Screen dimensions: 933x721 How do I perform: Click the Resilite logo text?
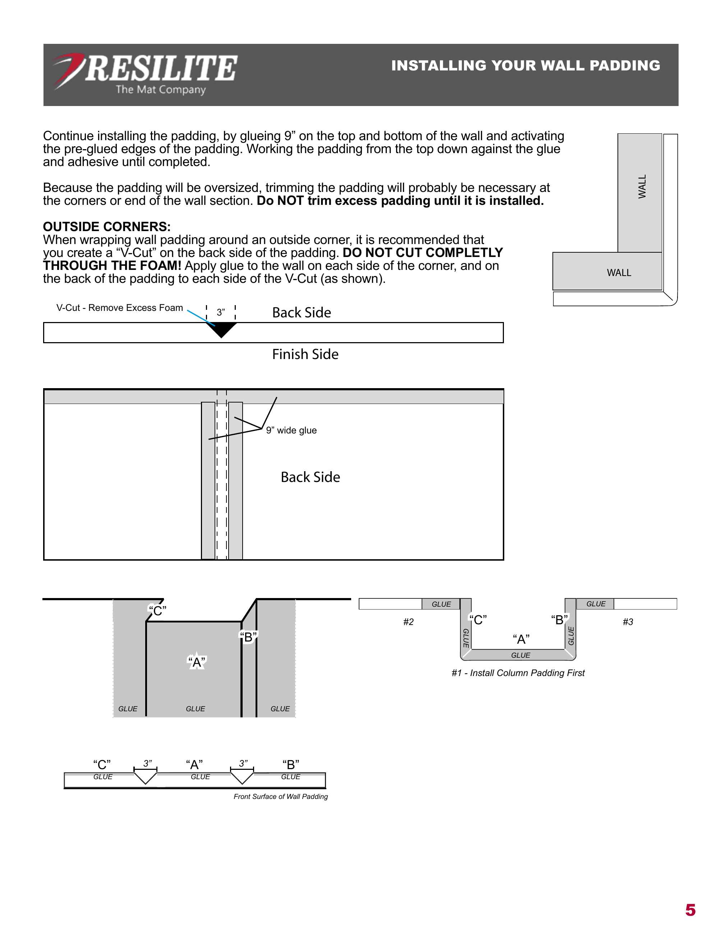pos(161,68)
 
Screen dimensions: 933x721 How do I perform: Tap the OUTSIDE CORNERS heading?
pos(107,226)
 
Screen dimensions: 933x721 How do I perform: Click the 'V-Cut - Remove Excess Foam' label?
pos(120,308)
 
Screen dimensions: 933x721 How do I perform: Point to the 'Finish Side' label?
pos(305,354)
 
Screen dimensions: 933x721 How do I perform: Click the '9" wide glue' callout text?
pos(291,430)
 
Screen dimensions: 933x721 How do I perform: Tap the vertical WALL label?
pos(642,186)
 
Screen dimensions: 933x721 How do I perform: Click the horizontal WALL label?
pos(619,272)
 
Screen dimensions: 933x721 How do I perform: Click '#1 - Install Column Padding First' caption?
pos(518,673)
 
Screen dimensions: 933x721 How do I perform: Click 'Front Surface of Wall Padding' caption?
pos(281,796)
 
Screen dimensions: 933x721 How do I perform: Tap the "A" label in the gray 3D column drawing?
pos(197,662)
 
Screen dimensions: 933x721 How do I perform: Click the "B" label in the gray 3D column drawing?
pos(248,637)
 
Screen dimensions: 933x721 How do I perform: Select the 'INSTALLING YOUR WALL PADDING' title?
pos(525,65)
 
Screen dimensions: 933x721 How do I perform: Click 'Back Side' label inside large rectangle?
pos(310,477)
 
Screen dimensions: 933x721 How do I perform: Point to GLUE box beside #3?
pos(596,604)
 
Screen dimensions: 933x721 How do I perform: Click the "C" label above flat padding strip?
pos(102,764)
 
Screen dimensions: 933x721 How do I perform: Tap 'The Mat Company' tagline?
pos(161,90)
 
